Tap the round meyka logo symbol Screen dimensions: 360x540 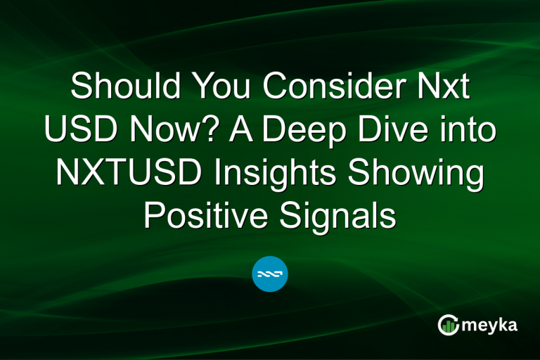(448, 325)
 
